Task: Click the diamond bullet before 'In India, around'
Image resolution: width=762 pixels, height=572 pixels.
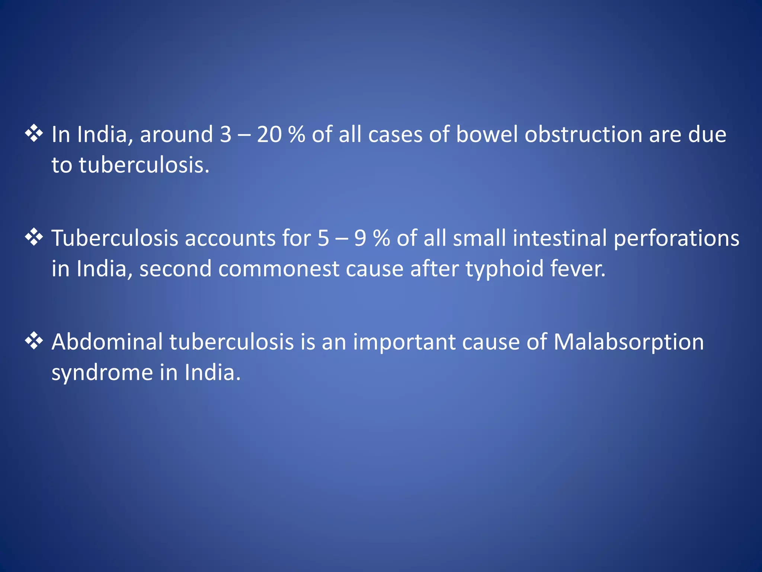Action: coord(34,134)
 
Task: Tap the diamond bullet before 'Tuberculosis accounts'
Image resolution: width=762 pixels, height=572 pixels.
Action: coord(34,238)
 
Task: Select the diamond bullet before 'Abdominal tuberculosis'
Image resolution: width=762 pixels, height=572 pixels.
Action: coord(34,341)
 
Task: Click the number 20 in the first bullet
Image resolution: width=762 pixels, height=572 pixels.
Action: coord(269,134)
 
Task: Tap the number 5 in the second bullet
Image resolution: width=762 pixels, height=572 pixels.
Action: coord(323,238)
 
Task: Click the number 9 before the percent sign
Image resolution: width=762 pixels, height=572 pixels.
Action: coord(360,238)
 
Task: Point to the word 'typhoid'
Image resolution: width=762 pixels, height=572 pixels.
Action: coord(505,269)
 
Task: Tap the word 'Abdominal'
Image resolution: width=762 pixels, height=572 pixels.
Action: coord(107,342)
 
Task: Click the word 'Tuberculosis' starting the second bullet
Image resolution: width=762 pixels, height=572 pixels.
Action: coord(115,238)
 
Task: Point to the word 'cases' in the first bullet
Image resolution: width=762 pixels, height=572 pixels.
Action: coord(395,134)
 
